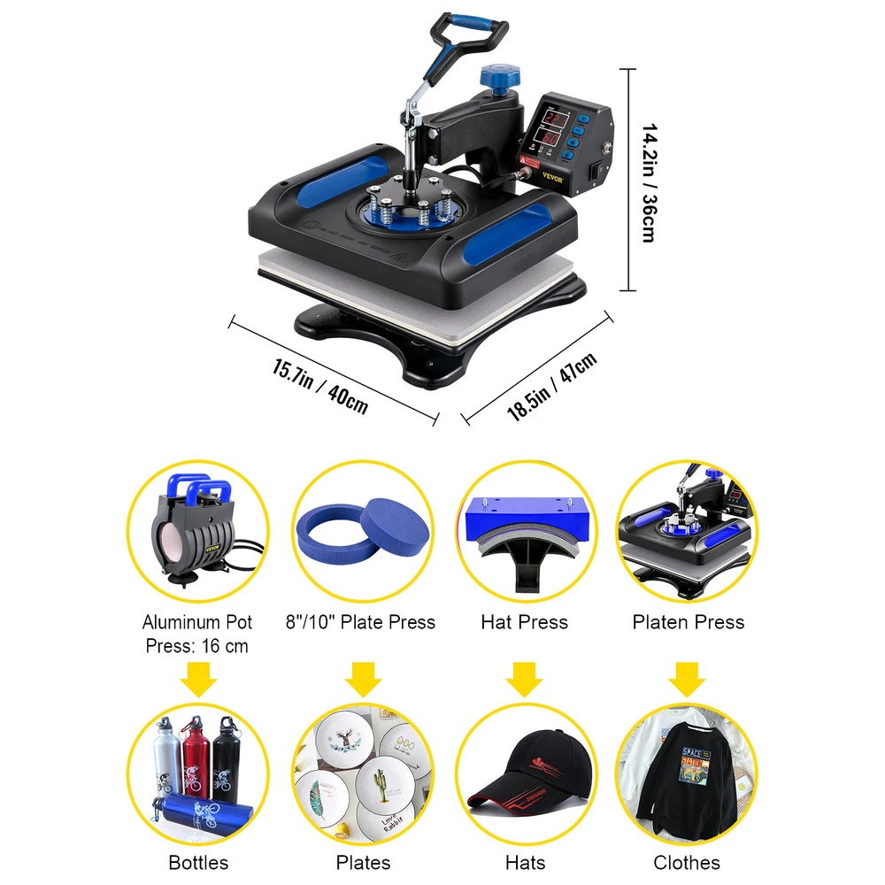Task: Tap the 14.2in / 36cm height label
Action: [x=650, y=183]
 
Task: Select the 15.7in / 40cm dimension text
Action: [x=320, y=386]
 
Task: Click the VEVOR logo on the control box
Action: [x=552, y=178]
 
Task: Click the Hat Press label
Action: [x=524, y=622]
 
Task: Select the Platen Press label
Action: [x=688, y=622]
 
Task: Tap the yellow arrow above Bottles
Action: [x=198, y=680]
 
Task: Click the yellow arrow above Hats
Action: [x=524, y=680]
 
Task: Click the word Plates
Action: [x=363, y=862]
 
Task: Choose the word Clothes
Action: [x=687, y=862]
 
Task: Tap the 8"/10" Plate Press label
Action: [x=360, y=622]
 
